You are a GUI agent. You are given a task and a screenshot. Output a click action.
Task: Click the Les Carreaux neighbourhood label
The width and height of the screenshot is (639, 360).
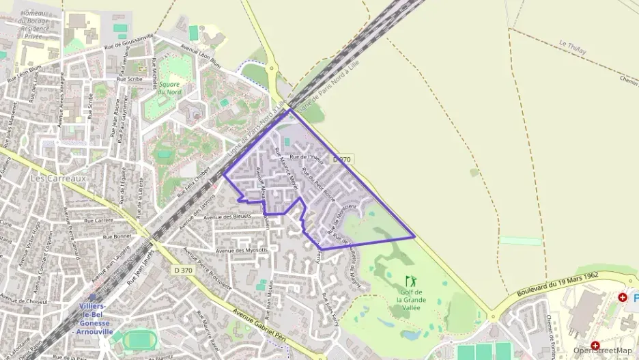pyautogui.click(x=58, y=178)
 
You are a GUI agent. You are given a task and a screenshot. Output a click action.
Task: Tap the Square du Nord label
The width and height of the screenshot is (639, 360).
pyautogui.click(x=169, y=88)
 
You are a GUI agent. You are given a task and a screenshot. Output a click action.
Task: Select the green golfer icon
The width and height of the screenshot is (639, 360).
pyautogui.click(x=410, y=281)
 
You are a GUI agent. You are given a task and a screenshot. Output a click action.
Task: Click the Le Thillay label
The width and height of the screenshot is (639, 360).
pyautogui.click(x=573, y=45)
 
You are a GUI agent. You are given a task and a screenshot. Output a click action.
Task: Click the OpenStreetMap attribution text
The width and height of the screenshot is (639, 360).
pyautogui.click(x=603, y=350)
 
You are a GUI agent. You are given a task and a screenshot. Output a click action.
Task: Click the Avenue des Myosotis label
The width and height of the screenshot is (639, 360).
pyautogui.click(x=242, y=250)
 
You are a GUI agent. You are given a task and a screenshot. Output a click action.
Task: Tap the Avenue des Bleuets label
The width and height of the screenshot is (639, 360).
pyautogui.click(x=228, y=217)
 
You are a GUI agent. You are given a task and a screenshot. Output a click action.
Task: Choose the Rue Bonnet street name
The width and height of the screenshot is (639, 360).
pyautogui.click(x=117, y=236)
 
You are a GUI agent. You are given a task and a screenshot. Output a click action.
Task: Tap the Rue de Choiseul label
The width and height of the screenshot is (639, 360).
pyautogui.click(x=24, y=301)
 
